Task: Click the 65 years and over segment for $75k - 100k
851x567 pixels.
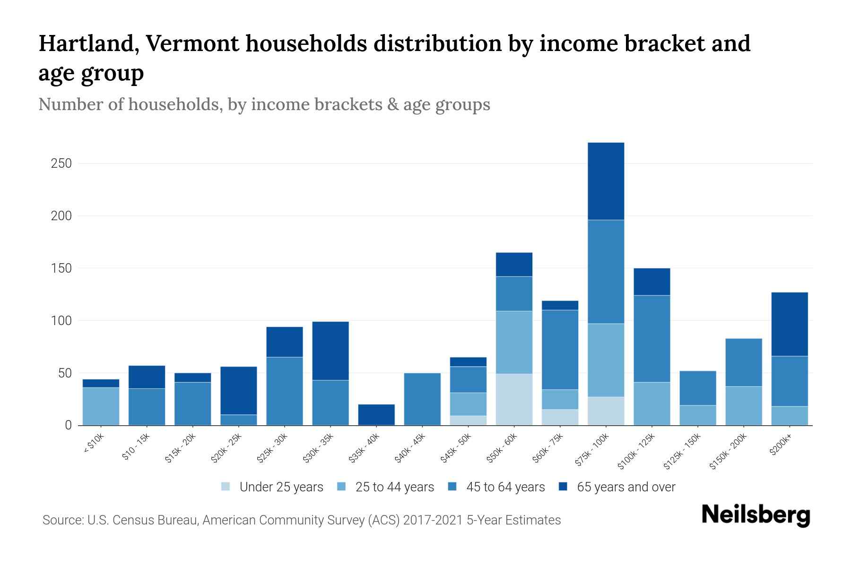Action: click(606, 181)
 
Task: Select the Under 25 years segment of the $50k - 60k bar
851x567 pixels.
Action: click(514, 399)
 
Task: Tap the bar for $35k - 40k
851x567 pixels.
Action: click(376, 414)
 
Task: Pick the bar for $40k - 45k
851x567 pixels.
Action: click(422, 399)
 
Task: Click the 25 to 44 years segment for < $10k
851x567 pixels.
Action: click(101, 406)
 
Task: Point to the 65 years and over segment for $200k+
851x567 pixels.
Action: click(790, 324)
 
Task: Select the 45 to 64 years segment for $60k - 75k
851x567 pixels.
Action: click(560, 350)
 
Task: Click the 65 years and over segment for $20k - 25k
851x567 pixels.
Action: click(238, 390)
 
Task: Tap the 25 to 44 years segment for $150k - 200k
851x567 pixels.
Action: click(743, 405)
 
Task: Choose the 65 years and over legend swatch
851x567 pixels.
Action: click(563, 487)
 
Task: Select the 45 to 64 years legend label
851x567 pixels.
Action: click(505, 487)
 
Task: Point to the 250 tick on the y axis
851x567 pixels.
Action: click(61, 163)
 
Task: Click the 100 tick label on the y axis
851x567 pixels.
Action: click(61, 321)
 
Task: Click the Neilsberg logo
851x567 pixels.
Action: click(755, 515)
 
